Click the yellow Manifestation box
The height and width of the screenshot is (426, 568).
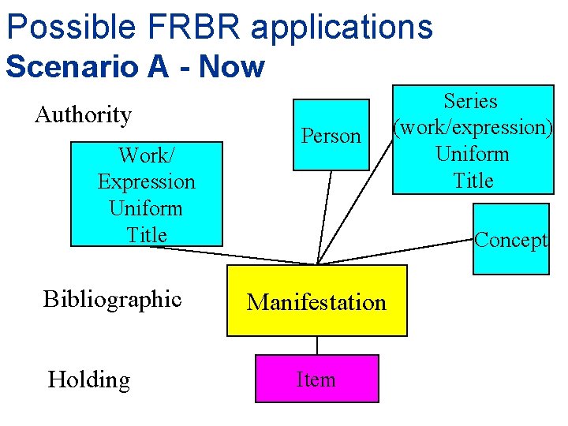tap(317, 301)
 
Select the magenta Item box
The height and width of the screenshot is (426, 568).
tap(316, 379)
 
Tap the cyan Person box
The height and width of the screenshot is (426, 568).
tap(331, 135)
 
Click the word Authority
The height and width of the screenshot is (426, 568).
tap(84, 115)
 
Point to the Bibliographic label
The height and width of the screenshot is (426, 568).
tap(113, 300)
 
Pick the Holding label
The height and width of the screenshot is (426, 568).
tap(89, 379)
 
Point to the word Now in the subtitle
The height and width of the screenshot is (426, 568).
tap(231, 66)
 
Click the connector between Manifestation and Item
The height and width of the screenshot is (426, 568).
tap(317, 346)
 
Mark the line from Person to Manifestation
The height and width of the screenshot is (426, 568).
tap(325, 217)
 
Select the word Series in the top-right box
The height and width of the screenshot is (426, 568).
tap(471, 101)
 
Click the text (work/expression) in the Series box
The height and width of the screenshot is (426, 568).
tap(473, 128)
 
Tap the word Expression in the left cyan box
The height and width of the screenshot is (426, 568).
tap(147, 181)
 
